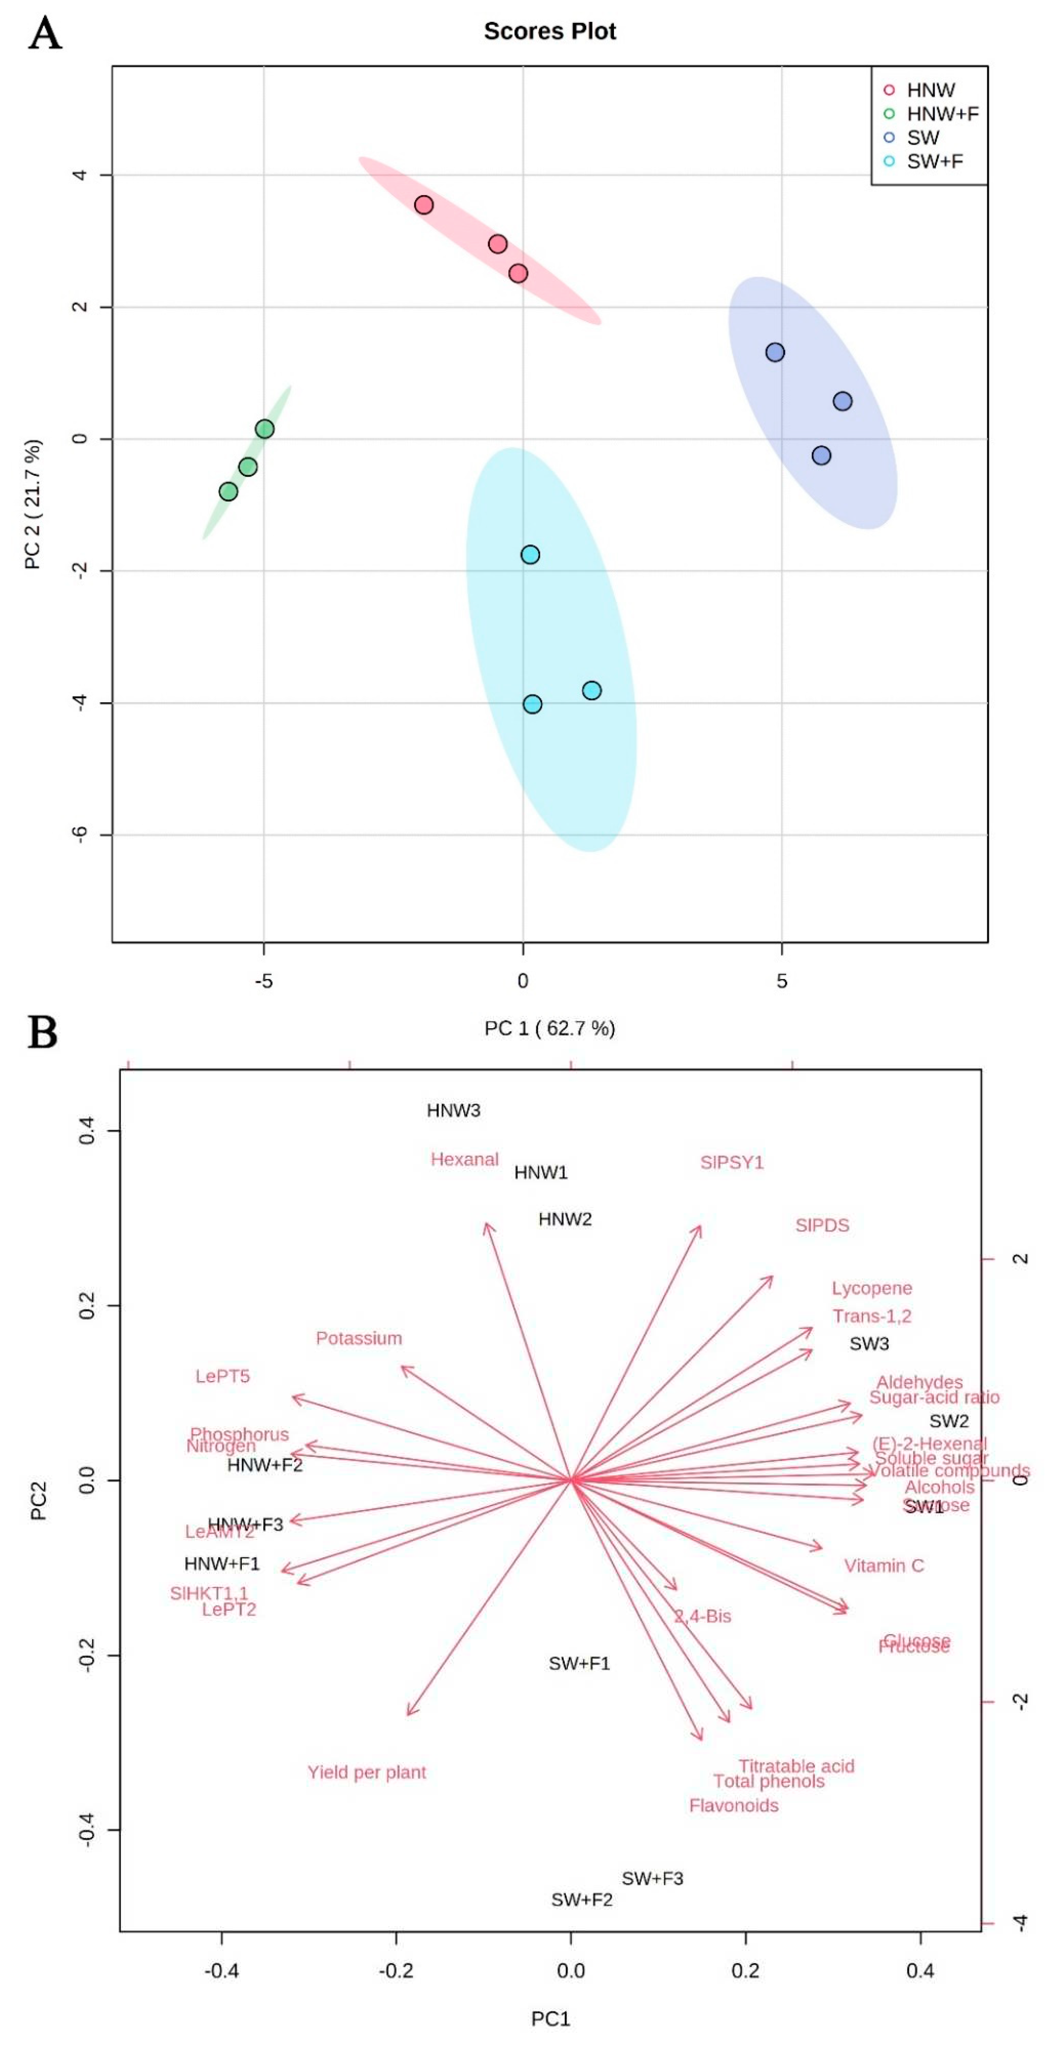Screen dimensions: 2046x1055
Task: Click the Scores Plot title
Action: [x=550, y=31]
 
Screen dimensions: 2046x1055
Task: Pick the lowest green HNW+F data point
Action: [x=228, y=492]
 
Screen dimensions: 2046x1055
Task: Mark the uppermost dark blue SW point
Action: [x=775, y=352]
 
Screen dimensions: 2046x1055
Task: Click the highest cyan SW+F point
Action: [x=530, y=555]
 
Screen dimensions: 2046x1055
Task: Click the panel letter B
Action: [x=43, y=1033]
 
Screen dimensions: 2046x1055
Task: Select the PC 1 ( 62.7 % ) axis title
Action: [x=550, y=1029]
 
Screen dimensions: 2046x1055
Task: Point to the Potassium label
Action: [x=359, y=1338]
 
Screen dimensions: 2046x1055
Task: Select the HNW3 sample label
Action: [x=453, y=1110]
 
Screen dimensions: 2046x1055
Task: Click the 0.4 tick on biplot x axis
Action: [x=920, y=1970]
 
